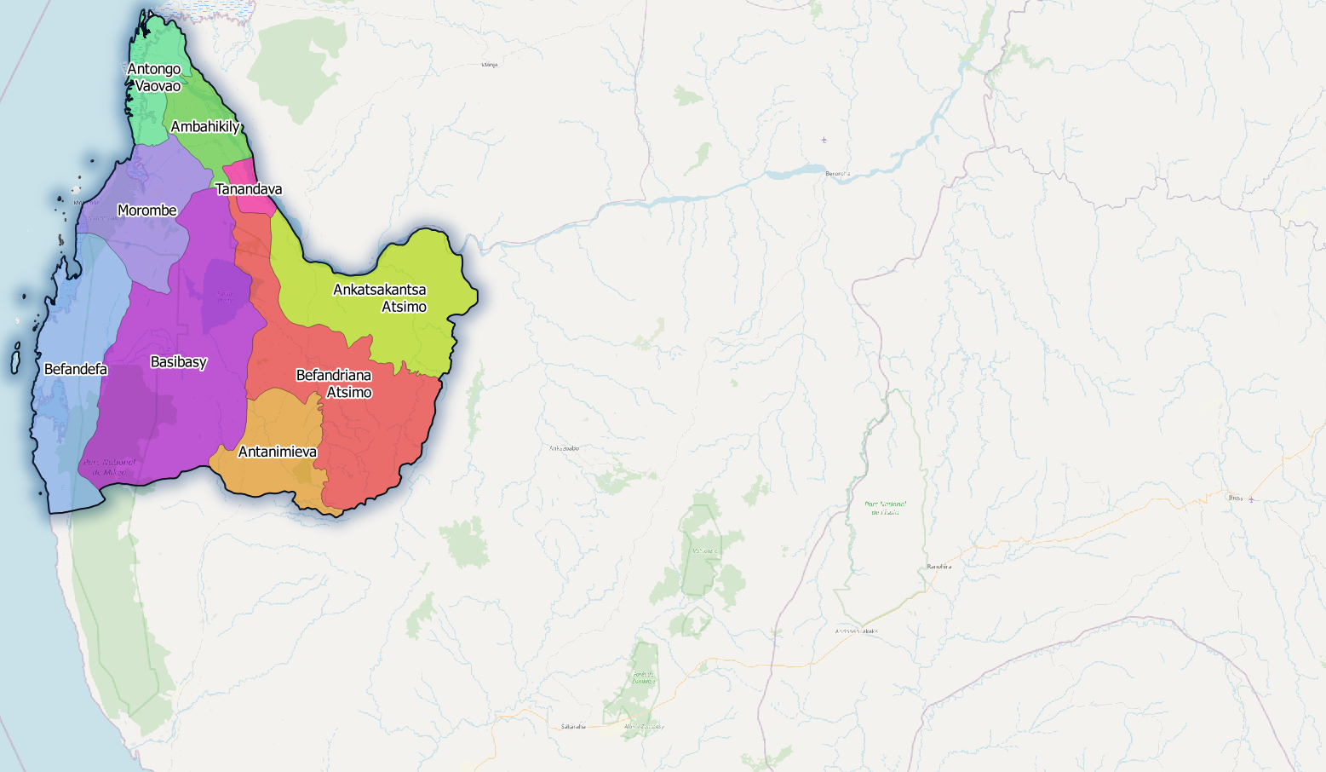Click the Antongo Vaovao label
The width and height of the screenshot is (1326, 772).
154,78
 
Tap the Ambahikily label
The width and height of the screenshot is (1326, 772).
205,127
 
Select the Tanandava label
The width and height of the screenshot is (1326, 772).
249,189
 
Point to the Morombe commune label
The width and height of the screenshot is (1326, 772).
147,210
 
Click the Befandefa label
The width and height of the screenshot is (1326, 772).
76,369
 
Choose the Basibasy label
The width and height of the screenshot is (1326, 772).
179,362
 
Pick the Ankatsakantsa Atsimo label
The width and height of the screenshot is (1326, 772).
380,298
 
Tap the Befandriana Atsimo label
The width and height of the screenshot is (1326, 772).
334,383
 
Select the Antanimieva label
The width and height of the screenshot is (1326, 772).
278,452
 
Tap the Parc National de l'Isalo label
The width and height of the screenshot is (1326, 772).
885,508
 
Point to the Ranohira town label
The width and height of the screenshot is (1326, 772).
939,567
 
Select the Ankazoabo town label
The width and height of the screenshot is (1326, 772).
564,447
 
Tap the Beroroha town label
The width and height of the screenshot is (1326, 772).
838,173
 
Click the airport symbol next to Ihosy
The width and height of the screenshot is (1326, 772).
1251,499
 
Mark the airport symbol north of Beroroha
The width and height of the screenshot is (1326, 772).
824,140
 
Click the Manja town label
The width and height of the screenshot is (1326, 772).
489,65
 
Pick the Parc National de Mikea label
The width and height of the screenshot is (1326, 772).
109,467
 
